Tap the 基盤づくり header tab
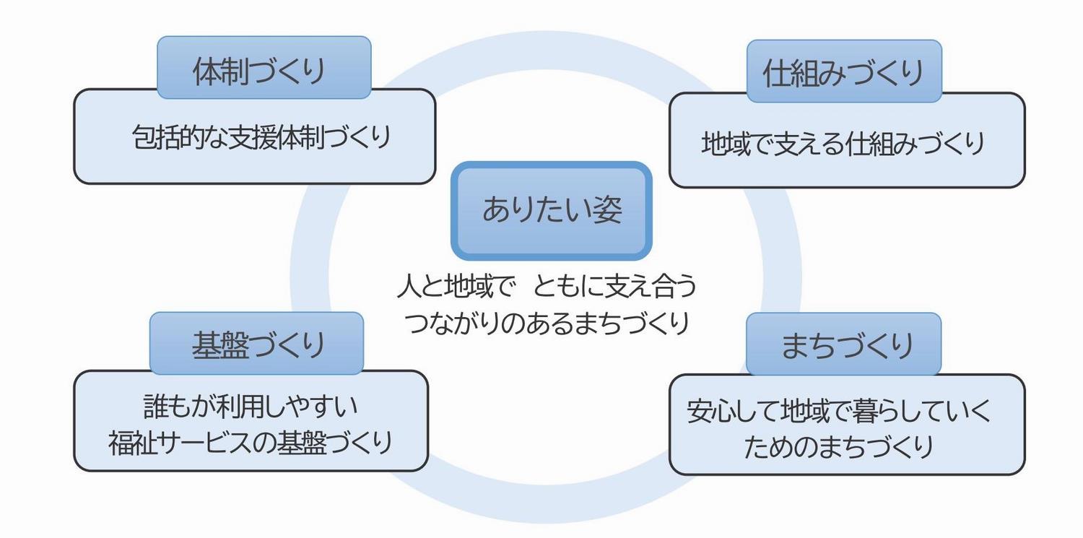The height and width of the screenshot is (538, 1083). tap(256, 344)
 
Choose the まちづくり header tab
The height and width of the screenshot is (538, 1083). tap(843, 344)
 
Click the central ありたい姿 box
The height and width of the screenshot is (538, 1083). tap(552, 211)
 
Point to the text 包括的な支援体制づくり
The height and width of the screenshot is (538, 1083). tap(261, 137)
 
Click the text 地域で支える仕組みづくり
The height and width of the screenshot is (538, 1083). tap(843, 144)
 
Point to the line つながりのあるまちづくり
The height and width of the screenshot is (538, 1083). tap(547, 321)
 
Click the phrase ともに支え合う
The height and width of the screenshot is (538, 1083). tap(615, 287)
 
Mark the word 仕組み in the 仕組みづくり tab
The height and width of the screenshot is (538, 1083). tap(804, 71)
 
